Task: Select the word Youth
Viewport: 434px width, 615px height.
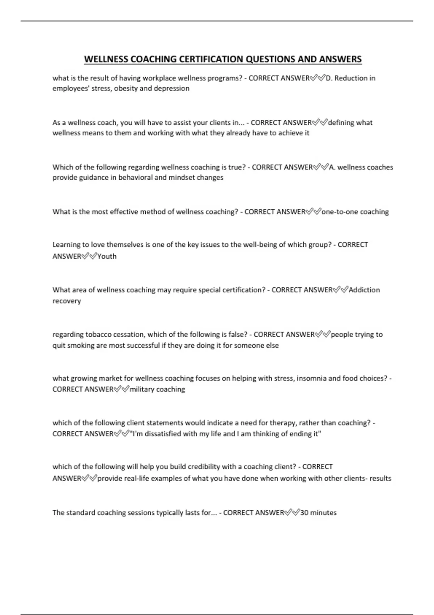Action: tap(107, 256)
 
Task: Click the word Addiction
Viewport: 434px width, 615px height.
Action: tap(364, 290)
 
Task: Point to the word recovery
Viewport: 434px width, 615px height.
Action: tap(67, 301)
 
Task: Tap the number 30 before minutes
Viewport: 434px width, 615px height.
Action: tap(304, 513)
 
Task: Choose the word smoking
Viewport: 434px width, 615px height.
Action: tap(81, 345)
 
